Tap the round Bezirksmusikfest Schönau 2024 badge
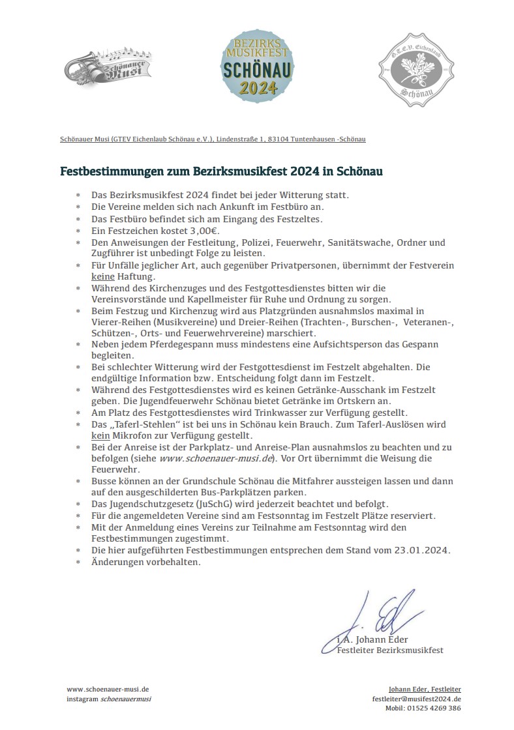click(x=256, y=68)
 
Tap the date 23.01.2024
click(x=421, y=551)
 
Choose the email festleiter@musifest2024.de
click(x=416, y=698)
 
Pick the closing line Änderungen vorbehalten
click(x=146, y=562)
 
